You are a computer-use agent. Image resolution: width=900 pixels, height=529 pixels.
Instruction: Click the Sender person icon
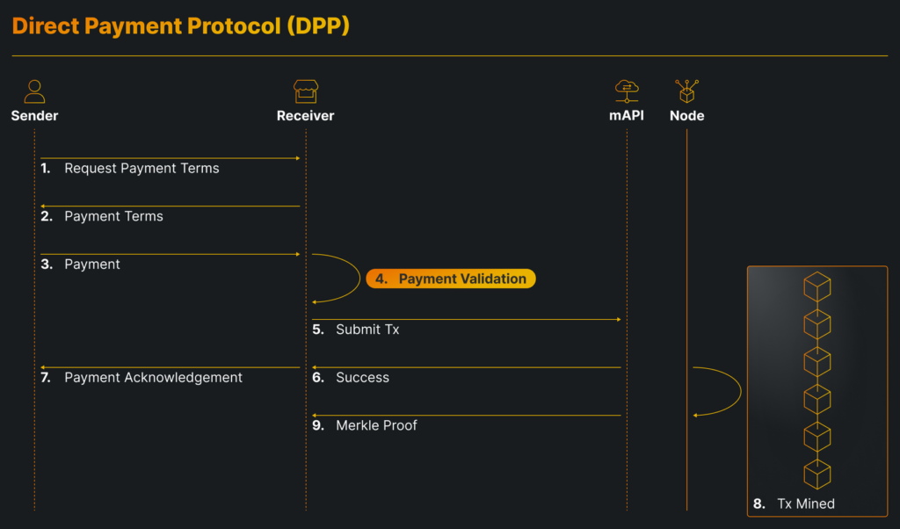point(34,91)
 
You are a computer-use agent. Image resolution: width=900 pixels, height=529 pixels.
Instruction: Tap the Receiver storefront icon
point(305,91)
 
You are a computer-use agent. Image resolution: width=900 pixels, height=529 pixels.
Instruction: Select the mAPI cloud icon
point(627,91)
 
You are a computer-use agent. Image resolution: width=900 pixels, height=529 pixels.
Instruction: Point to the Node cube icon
point(686,91)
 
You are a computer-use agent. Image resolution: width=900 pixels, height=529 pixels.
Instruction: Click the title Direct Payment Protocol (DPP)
point(181,26)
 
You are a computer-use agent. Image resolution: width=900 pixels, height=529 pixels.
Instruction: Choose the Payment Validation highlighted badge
point(451,279)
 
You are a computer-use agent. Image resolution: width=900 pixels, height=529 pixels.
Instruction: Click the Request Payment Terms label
point(142,168)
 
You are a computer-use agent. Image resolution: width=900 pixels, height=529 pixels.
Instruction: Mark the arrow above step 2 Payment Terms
point(171,207)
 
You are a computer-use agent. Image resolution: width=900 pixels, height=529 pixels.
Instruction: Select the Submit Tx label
point(367,330)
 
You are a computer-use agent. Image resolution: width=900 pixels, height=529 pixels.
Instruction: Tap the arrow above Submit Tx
point(467,319)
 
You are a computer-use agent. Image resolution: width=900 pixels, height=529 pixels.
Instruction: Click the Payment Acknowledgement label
point(153,377)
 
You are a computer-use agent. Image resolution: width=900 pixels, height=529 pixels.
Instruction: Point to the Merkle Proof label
point(376,425)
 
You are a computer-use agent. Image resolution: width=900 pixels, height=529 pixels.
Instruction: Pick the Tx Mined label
point(805,504)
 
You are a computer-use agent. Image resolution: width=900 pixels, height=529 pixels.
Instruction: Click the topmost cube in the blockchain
point(817,286)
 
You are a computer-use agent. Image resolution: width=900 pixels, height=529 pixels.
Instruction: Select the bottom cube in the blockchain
point(817,474)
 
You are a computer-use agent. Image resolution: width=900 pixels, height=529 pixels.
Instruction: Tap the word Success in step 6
point(362,377)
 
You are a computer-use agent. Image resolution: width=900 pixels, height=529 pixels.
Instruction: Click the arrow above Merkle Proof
point(467,416)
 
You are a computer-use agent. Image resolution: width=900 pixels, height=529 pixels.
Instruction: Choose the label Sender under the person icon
point(34,116)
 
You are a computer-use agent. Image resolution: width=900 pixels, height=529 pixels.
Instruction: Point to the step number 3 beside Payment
point(46,264)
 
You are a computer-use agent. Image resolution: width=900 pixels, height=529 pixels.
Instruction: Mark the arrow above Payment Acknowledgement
point(171,367)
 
